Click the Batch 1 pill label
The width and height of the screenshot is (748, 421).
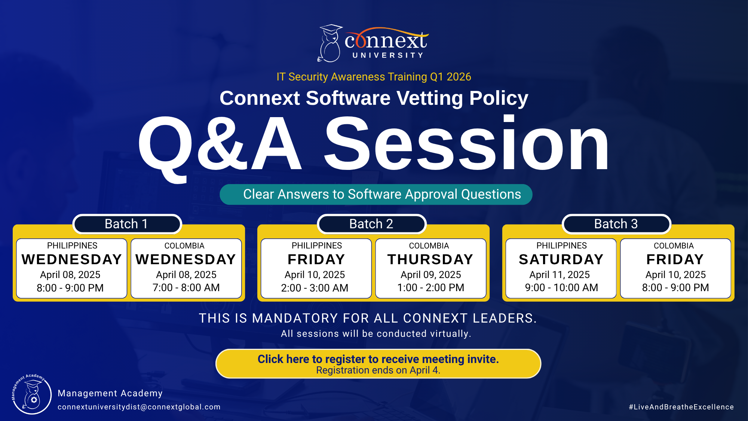(127, 224)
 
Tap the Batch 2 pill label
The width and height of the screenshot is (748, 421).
(371, 224)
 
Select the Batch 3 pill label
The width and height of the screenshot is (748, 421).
(616, 224)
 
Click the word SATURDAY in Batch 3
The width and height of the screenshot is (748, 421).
(561, 259)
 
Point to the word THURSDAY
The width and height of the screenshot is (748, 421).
(430, 259)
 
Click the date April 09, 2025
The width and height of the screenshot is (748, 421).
(431, 275)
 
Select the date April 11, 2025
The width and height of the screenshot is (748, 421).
(560, 275)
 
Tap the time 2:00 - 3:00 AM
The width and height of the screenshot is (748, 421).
(315, 288)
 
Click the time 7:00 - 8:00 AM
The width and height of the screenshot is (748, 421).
(186, 287)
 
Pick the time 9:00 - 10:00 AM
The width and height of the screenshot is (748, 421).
(561, 287)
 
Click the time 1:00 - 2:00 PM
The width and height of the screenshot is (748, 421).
(430, 287)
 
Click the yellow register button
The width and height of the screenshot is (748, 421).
(378, 364)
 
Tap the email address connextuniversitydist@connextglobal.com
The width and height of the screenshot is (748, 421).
(139, 407)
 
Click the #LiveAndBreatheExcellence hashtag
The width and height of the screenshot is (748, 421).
(681, 407)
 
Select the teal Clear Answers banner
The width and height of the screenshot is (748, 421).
(376, 194)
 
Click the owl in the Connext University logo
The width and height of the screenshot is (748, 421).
(329, 43)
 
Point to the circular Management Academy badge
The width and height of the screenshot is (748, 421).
(32, 394)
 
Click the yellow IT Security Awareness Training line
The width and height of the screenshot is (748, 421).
(374, 77)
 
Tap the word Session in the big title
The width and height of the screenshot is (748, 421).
(467, 144)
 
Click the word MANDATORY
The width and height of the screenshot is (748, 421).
(295, 318)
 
